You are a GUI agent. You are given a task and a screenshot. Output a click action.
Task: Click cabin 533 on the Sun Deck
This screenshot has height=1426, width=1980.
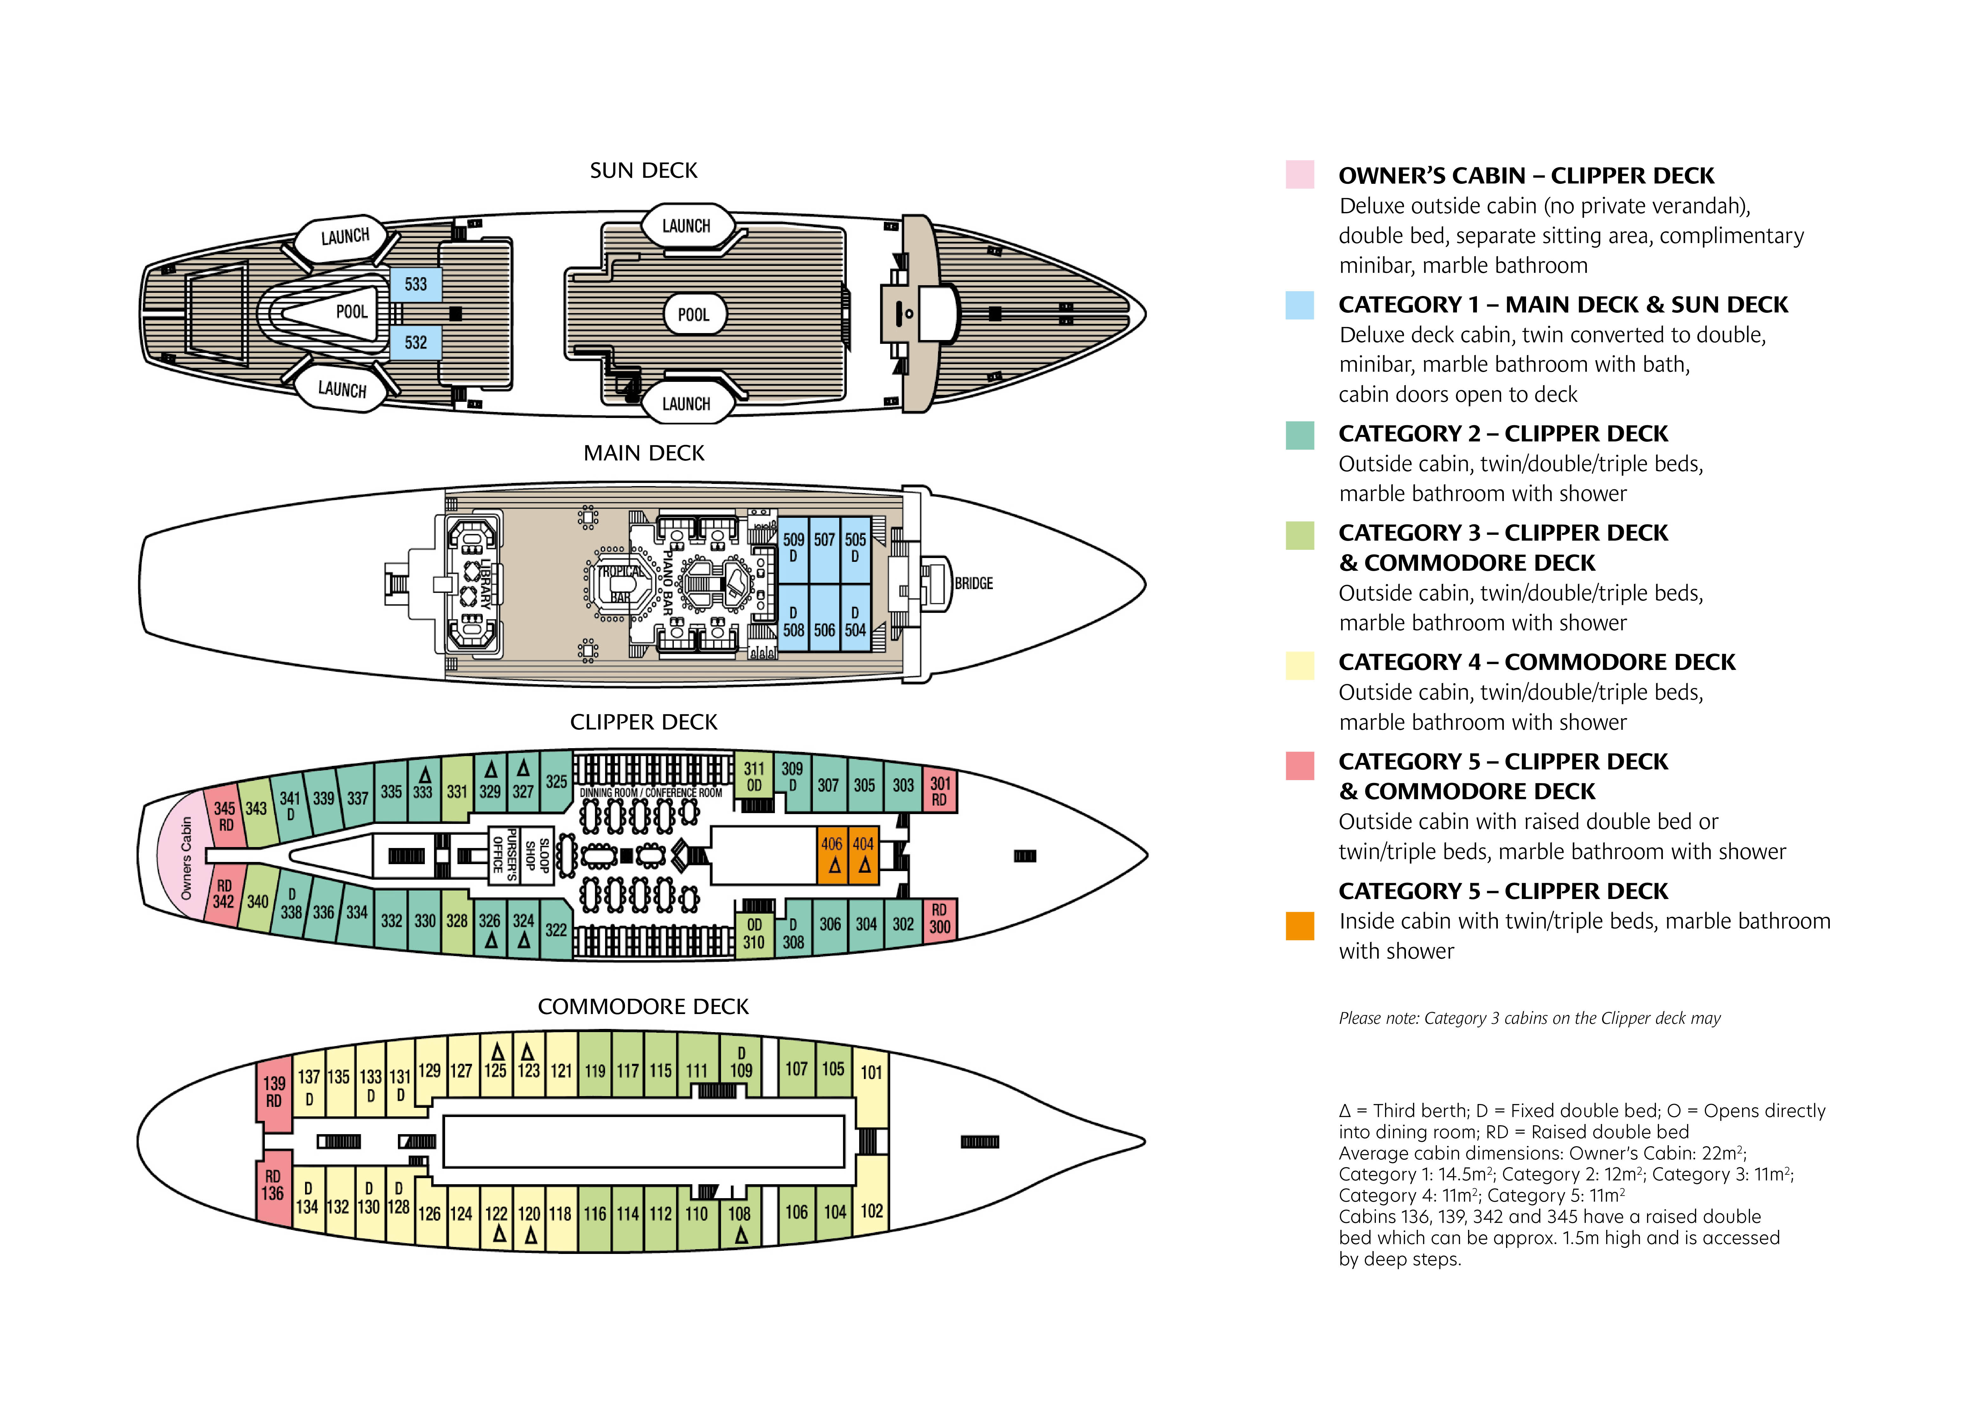pyautogui.click(x=416, y=284)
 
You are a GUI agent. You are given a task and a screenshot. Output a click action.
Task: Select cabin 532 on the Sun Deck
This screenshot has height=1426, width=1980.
pyautogui.click(x=416, y=342)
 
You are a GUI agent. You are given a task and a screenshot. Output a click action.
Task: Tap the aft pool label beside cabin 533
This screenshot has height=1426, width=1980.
pyautogui.click(x=352, y=312)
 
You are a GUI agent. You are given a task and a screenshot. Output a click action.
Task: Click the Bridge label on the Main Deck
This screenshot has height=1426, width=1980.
pyautogui.click(x=974, y=583)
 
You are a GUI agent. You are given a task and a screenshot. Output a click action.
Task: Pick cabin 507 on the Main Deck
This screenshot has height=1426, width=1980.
pyautogui.click(x=824, y=550)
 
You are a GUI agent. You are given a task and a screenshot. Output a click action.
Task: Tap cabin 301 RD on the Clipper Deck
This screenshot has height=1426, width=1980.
pyautogui.click(x=939, y=790)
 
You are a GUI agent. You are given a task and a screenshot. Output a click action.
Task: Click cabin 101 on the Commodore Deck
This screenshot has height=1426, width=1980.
pyautogui.click(x=871, y=1083)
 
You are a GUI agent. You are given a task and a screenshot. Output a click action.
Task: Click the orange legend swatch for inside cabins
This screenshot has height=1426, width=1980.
pyautogui.click(x=1299, y=926)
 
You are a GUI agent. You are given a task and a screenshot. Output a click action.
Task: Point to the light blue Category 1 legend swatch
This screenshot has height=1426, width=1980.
pyautogui.click(x=1299, y=305)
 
